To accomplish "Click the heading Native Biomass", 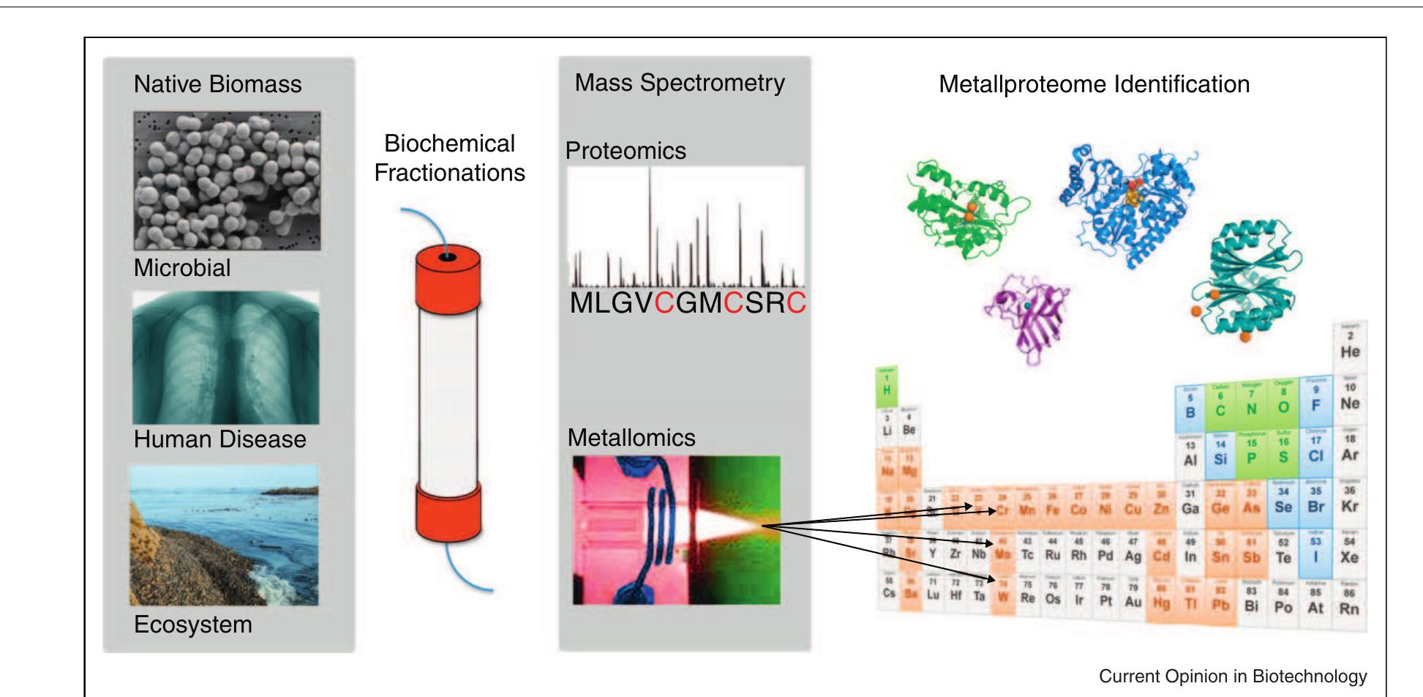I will tap(217, 84).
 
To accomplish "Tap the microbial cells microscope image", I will tap(227, 181).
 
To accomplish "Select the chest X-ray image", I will tap(225, 358).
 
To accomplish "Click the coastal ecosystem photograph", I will tap(224, 535).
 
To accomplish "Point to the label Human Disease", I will tap(219, 439).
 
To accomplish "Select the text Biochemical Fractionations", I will tap(449, 158).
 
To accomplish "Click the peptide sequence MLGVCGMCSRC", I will tap(687, 302).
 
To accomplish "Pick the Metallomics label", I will tap(631, 438).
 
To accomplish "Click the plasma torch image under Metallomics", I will tap(676, 530).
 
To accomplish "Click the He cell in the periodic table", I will tap(1350, 344).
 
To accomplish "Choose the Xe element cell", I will tap(1350, 551).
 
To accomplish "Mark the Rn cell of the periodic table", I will tap(1350, 602).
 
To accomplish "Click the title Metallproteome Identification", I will tap(1094, 84).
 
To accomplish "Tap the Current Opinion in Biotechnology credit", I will tap(1232, 676).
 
